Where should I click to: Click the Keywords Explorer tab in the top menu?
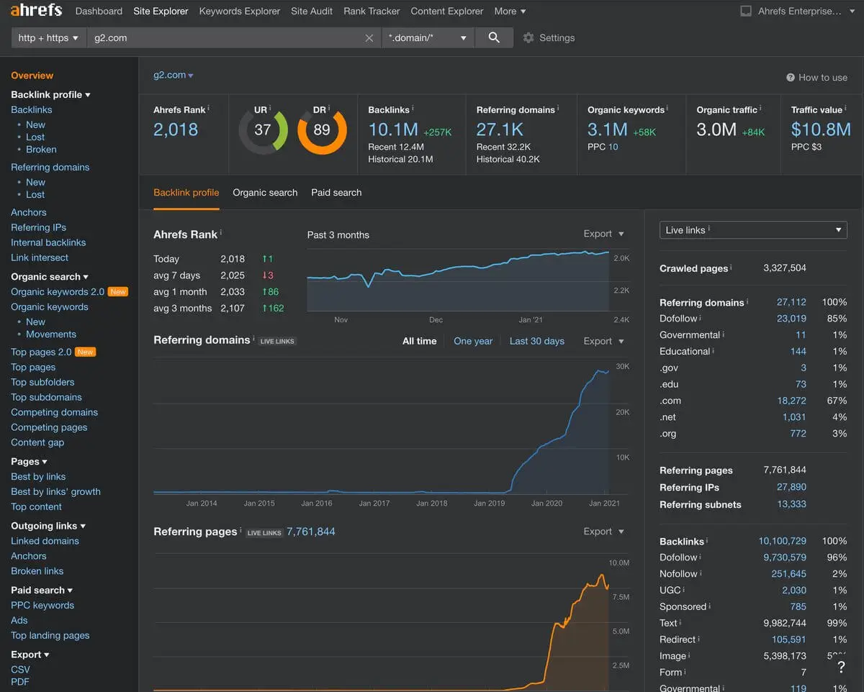tap(240, 11)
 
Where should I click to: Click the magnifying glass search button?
tap(494, 37)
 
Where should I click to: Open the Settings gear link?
tap(549, 37)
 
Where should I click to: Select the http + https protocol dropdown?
tap(48, 37)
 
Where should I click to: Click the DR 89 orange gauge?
tap(322, 130)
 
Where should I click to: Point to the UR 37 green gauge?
tap(263, 130)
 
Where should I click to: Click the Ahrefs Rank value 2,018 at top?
tap(176, 129)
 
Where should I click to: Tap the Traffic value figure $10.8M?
tap(821, 129)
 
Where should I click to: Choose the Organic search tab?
tap(265, 192)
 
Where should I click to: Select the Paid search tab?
tap(336, 192)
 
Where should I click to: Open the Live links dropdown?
tap(753, 230)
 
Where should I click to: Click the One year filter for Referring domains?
tap(473, 341)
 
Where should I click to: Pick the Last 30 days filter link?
tap(536, 341)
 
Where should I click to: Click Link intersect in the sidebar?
tap(40, 258)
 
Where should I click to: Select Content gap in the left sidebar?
tap(37, 442)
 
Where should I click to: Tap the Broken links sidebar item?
tap(37, 571)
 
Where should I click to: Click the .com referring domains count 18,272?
tap(791, 401)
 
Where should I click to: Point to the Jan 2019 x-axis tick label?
tap(490, 504)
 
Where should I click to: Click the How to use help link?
tap(816, 78)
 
